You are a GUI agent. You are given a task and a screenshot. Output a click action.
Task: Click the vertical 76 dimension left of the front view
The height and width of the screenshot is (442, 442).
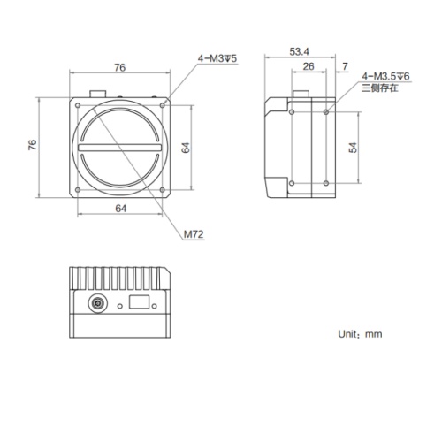33,147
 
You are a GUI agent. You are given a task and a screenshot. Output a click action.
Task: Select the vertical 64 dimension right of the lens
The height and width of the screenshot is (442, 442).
187,149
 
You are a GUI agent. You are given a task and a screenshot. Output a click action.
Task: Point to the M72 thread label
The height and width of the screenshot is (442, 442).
194,234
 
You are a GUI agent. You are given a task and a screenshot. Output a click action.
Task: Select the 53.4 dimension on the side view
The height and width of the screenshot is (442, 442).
301,52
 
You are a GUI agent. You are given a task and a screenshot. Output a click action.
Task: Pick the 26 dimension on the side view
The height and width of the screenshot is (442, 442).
307,67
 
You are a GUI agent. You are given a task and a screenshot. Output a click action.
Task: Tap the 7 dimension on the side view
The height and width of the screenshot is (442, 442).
345,67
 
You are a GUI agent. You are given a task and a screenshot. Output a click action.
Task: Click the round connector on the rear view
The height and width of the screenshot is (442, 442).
95,303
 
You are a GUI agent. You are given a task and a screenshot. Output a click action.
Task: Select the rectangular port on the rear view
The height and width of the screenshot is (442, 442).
138,302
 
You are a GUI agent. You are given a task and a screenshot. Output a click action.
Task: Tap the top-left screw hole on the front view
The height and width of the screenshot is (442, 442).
78,106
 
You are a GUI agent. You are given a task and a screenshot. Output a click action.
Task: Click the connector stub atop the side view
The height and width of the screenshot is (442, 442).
302,94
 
